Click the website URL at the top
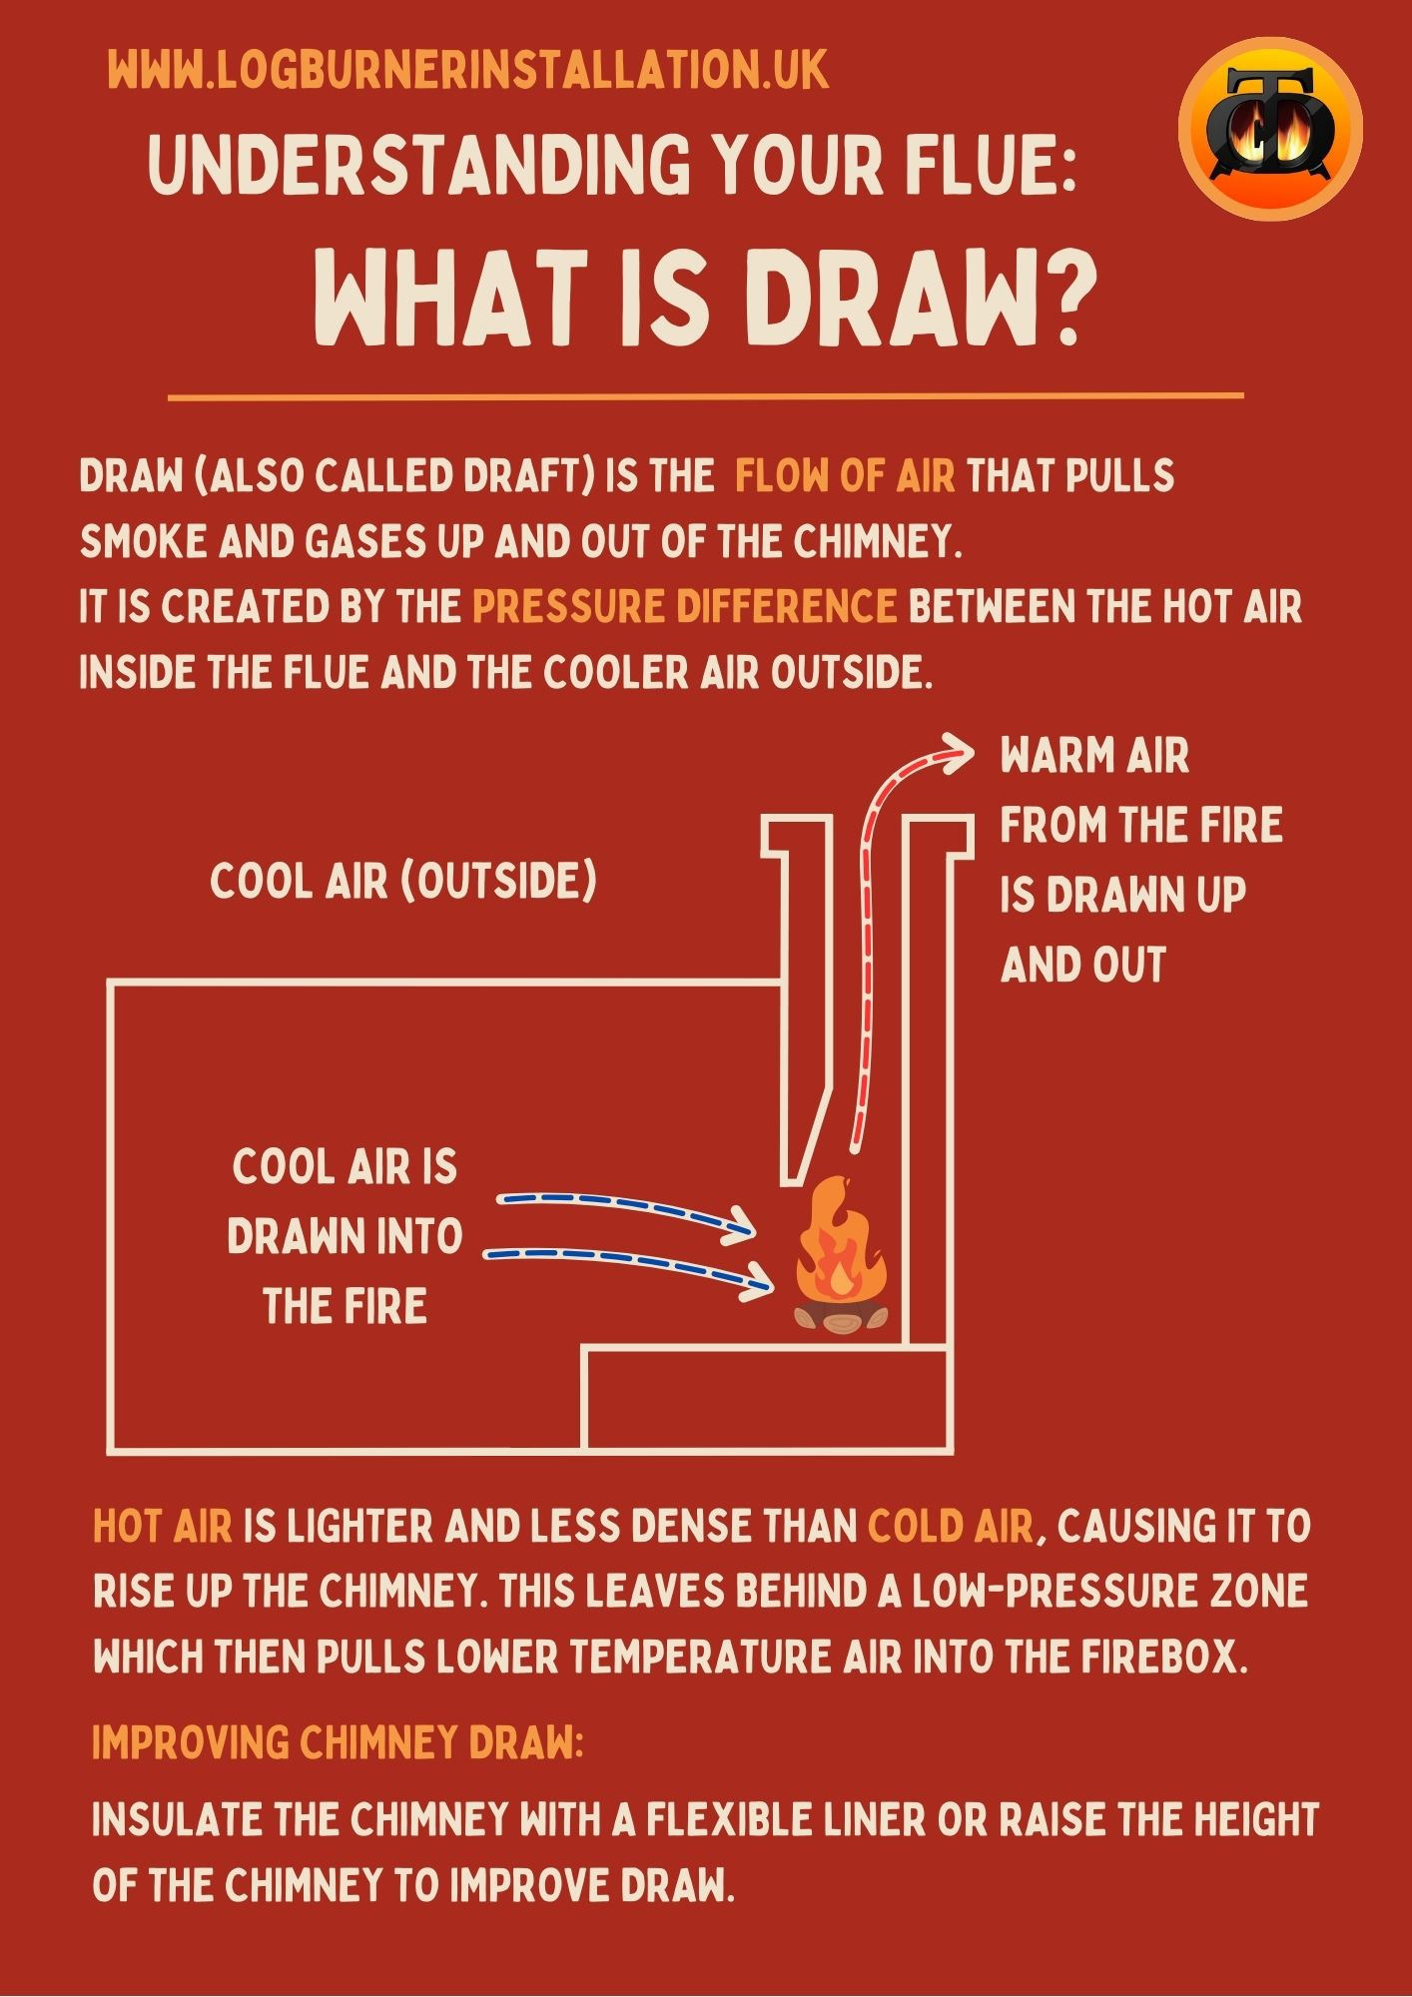click(x=468, y=71)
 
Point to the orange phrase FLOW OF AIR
click(x=845, y=476)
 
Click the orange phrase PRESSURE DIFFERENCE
click(x=685, y=607)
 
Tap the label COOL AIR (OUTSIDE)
click(x=403, y=882)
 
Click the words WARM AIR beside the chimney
click(x=1094, y=756)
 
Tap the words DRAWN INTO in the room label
click(x=345, y=1237)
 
